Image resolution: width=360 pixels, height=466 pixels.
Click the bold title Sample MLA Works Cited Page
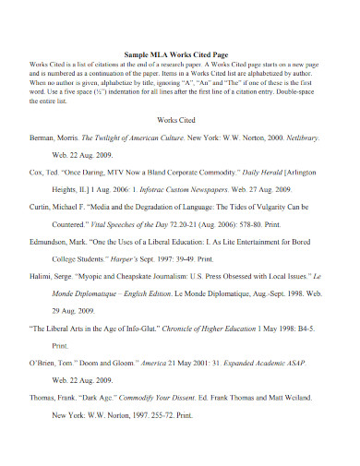tap(179, 54)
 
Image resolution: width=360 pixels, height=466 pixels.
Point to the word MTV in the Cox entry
tap(117, 172)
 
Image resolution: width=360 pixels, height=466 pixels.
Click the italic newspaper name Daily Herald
tap(262, 172)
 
